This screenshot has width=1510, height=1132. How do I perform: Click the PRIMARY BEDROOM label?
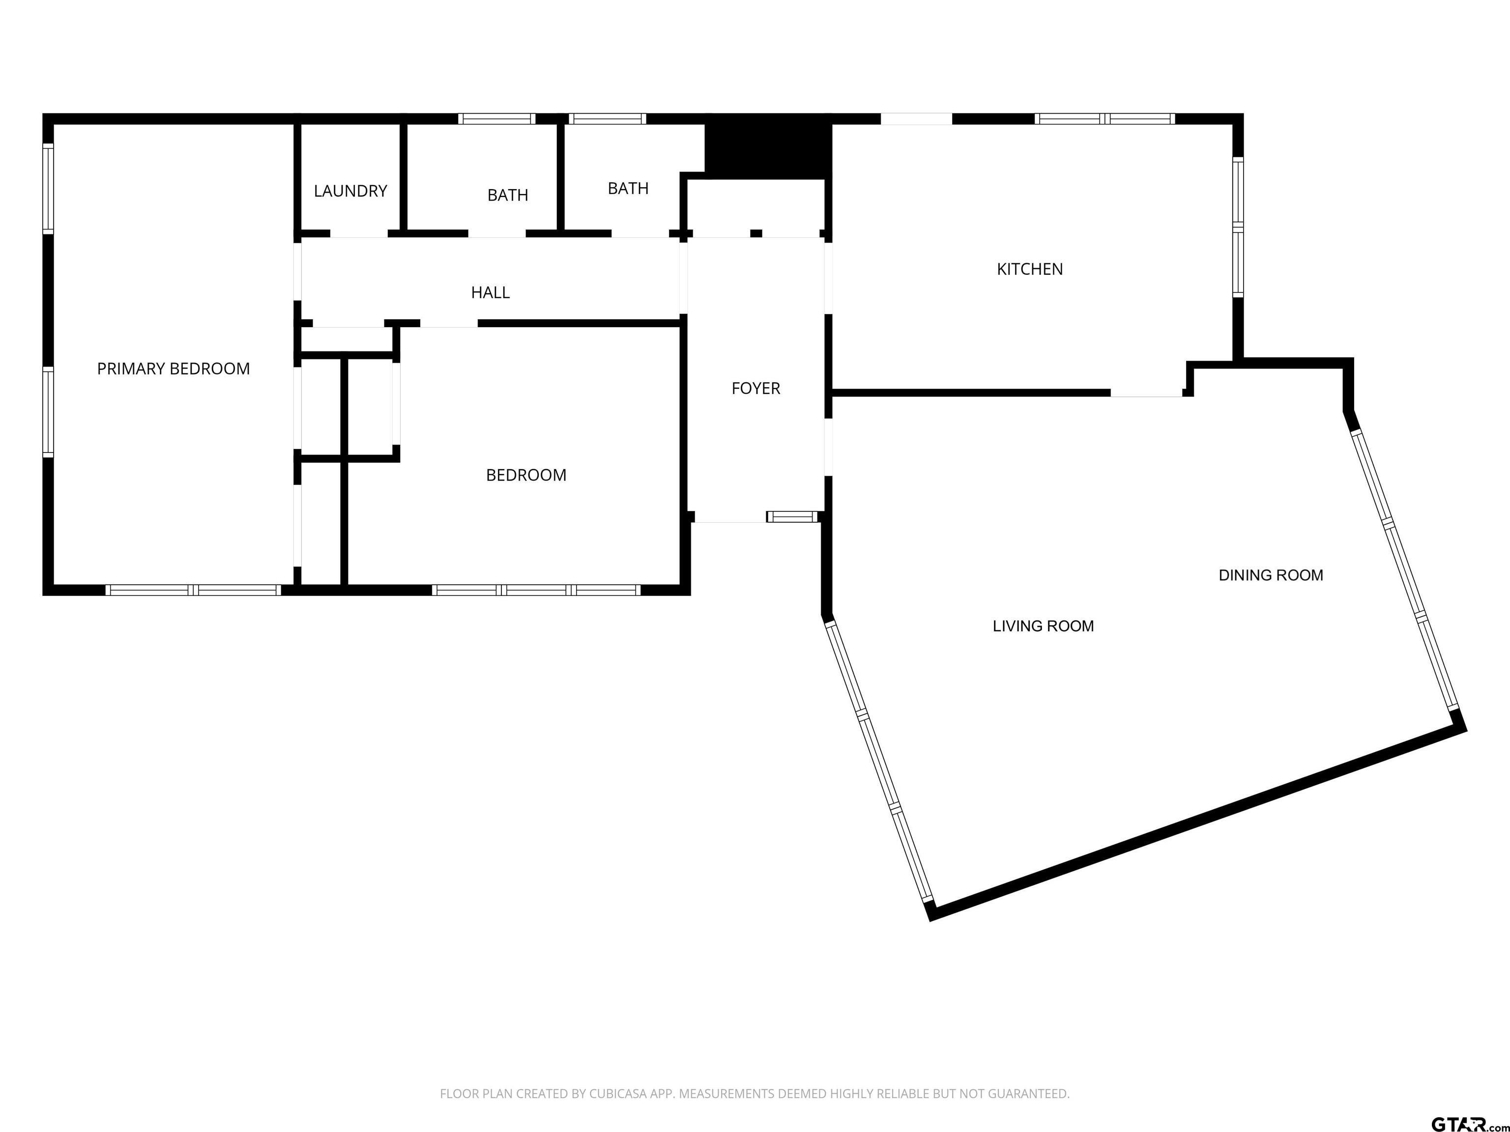point(174,368)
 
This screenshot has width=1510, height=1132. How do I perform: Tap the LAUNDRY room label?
point(350,191)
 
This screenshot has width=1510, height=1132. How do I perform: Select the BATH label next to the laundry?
point(507,195)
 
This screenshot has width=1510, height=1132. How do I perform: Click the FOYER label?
point(755,388)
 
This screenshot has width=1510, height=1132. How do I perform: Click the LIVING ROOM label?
point(1043,626)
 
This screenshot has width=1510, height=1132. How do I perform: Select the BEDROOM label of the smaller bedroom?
point(525,475)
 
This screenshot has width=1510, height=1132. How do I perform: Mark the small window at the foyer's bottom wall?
point(792,516)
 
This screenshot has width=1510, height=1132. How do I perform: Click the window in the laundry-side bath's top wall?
point(496,119)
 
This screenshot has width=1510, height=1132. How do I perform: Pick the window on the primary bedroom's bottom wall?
point(193,590)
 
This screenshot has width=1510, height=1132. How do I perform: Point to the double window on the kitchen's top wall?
point(1104,119)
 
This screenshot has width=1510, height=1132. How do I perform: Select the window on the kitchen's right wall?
point(1238,227)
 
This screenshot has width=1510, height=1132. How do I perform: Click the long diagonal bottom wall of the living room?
point(1198,822)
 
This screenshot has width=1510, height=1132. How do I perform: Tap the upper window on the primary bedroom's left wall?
point(48,188)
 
